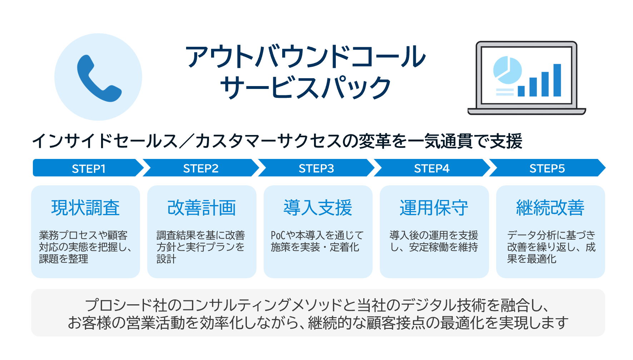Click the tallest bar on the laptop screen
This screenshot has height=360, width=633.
(x=557, y=80)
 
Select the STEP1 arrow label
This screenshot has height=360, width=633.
(x=89, y=168)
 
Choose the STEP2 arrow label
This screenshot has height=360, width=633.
(x=201, y=168)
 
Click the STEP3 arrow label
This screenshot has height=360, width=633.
(x=316, y=168)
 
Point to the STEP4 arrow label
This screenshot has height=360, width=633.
(x=432, y=168)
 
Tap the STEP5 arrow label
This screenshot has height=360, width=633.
(x=547, y=168)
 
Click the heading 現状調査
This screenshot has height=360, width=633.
(x=85, y=208)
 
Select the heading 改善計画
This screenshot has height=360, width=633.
(x=201, y=208)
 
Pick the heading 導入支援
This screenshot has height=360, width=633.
(x=318, y=208)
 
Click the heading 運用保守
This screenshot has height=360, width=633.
(x=434, y=208)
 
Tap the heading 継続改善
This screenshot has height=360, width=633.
(x=550, y=208)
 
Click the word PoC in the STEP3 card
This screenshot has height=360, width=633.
(x=278, y=235)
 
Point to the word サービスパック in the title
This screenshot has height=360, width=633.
(x=305, y=87)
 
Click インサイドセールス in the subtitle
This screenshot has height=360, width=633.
(x=105, y=141)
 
